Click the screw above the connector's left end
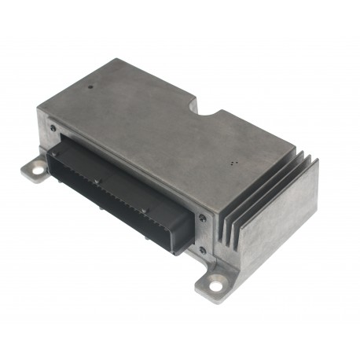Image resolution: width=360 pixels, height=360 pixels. coord(53,127)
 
